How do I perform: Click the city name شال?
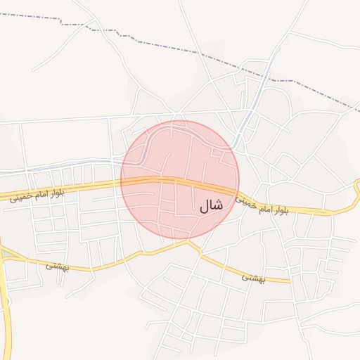coord(210,205)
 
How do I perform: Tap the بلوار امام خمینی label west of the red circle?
coord(37,195)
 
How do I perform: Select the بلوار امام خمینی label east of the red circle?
coord(262,205)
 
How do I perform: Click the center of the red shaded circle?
coord(180,180)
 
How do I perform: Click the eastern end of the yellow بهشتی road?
coord(289,281)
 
